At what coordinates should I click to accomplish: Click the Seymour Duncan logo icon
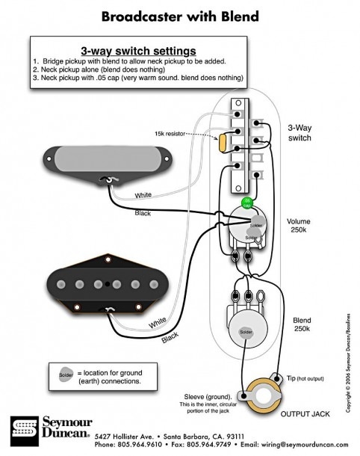tap(22, 432)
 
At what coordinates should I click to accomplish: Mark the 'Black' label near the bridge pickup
tap(170, 338)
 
